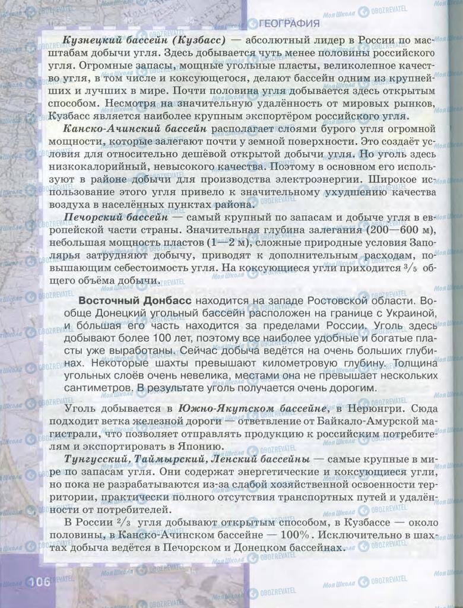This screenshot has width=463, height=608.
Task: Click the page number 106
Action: tap(38, 581)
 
